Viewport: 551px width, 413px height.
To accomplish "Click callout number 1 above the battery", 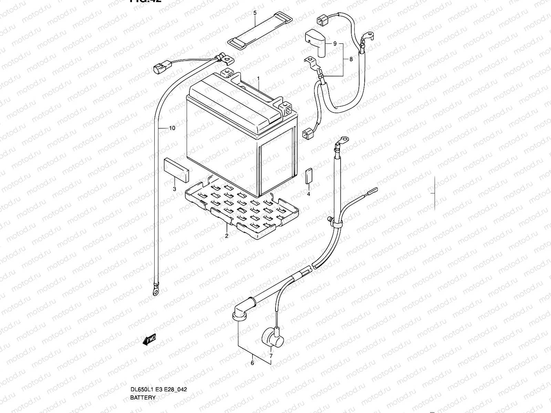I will pos(259,79).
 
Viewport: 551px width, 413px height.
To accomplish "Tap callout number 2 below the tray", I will pos(227,236).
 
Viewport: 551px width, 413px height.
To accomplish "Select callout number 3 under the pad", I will pos(175,189).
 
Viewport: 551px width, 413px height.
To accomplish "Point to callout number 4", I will pos(309,194).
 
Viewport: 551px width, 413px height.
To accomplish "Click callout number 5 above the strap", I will pos(255,13).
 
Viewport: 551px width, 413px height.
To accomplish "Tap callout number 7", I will pos(271,356).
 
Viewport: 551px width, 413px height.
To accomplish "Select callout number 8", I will pos(351,59).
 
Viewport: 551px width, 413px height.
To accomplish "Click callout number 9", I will pos(334,44).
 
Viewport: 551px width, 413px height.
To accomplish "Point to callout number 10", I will pos(172,128).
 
